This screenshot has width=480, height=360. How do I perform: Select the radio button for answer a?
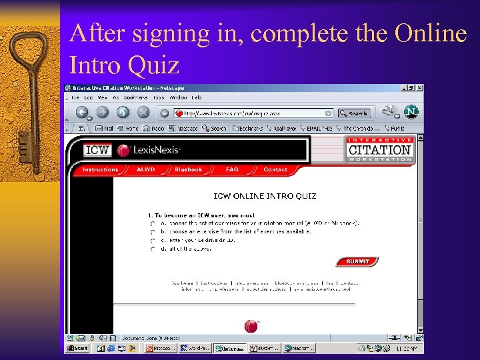pos(153,224)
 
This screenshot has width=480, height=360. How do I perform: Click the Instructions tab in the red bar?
pos(100,170)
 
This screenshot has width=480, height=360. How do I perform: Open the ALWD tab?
pos(145,170)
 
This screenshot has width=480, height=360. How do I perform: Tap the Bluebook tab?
pos(188,170)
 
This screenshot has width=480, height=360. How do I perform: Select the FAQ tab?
pos(232,170)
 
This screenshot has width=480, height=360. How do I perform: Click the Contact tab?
pos(275,170)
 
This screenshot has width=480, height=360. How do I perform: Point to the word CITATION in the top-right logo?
pos(381,150)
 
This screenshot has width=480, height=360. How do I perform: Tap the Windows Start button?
pos(77,348)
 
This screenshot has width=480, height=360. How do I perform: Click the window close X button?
pos(420,88)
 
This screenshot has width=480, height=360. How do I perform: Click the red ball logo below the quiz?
pos(251,325)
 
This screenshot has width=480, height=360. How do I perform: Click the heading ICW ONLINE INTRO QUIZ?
pos(265,196)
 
